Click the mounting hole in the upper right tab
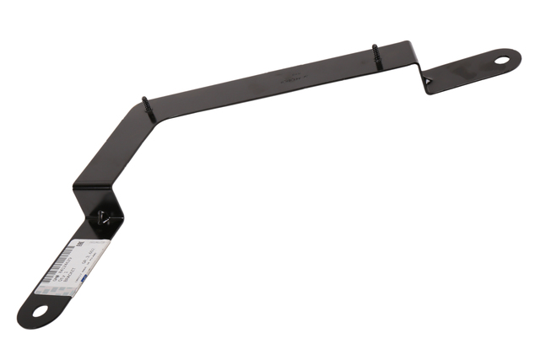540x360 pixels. (x=502, y=60)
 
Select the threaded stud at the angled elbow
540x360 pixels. (x=146, y=104)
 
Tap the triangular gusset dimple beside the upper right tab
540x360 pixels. (x=429, y=78)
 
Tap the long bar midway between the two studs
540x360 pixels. (x=262, y=80)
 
